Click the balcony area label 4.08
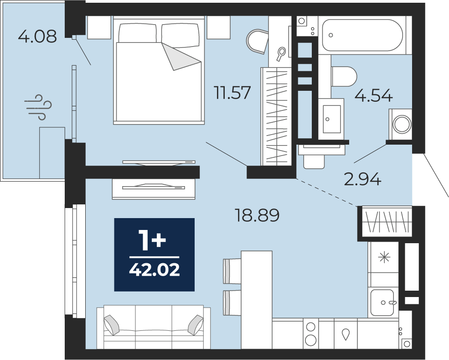[37, 37]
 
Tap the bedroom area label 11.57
[233, 93]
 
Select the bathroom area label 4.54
[373, 95]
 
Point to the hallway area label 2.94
[362, 179]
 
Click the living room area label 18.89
[257, 215]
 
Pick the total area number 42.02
[155, 270]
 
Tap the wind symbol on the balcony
[38, 107]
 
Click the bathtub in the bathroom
[362, 35]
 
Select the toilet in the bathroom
[344, 77]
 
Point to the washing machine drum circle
[402, 125]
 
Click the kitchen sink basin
[382, 303]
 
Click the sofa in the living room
[154, 327]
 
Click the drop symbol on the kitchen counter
[346, 334]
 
